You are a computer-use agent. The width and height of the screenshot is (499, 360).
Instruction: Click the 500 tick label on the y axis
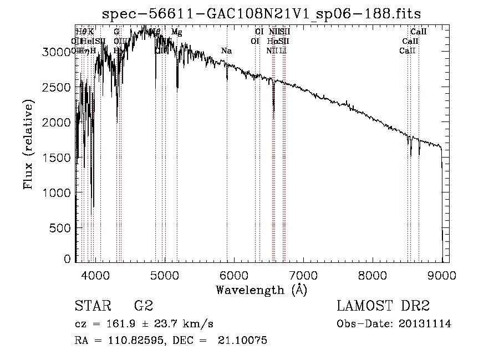[x=61, y=228]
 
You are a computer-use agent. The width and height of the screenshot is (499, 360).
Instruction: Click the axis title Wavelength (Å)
[x=262, y=290]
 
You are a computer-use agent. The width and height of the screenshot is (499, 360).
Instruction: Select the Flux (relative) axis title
[x=28, y=144]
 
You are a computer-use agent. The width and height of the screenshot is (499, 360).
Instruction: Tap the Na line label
[x=226, y=51]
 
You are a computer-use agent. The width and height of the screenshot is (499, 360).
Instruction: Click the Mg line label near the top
[x=176, y=32]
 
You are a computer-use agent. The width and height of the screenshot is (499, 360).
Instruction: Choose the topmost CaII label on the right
[x=418, y=32]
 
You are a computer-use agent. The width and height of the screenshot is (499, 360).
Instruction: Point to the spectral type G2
[x=144, y=306]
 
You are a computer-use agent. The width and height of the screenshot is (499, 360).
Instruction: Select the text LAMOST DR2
[x=384, y=306]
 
